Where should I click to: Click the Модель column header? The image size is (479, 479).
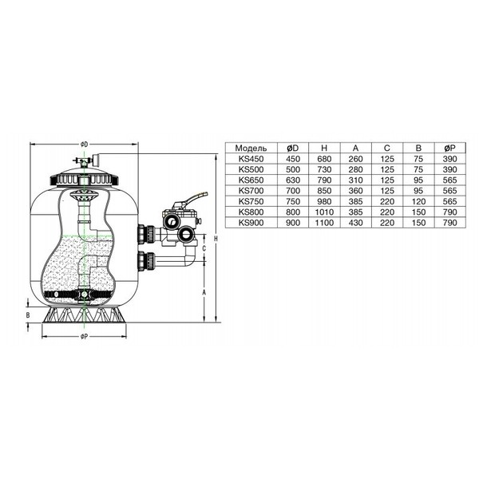pyautogui.click(x=251, y=148)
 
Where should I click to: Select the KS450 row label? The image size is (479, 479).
pyautogui.click(x=251, y=159)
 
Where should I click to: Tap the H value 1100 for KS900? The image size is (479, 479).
pyautogui.click(x=324, y=223)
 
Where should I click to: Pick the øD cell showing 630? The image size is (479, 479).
pyautogui.click(x=293, y=180)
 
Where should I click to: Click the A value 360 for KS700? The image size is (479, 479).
pyautogui.click(x=355, y=191)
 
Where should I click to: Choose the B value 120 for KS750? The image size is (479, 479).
pyautogui.click(x=418, y=202)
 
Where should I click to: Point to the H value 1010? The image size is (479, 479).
pyautogui.click(x=324, y=212)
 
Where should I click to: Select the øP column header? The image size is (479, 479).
pyautogui.click(x=450, y=148)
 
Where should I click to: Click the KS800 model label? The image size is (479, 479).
pyautogui.click(x=251, y=212)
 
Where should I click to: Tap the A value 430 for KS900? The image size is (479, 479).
pyautogui.click(x=355, y=223)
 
